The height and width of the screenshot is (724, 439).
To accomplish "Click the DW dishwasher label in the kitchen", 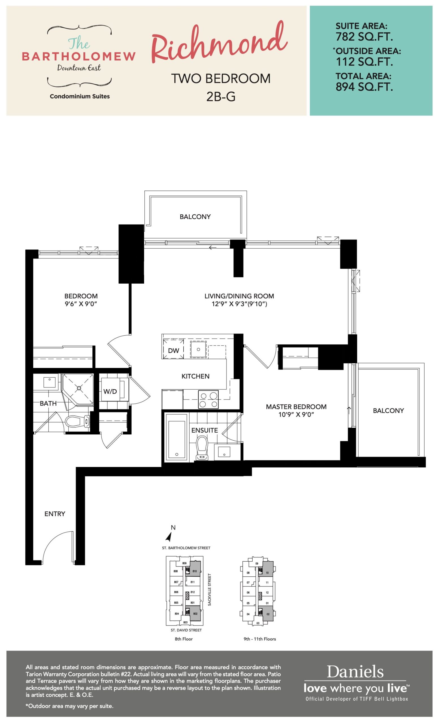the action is tap(173, 350).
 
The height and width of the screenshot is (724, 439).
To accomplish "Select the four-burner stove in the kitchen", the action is tap(209, 399).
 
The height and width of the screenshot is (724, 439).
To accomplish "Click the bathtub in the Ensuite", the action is tap(176, 437).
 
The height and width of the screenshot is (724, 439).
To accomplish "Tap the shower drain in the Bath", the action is tap(79, 388).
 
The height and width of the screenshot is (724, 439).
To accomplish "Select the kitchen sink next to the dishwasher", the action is tap(198, 349).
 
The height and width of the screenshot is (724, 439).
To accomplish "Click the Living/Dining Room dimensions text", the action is tap(239, 304).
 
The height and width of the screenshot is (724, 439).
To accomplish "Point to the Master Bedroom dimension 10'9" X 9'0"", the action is tap(296, 415).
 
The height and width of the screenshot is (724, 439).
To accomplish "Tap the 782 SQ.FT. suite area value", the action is tap(364, 37).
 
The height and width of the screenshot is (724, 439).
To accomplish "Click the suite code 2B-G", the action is tap(221, 96).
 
